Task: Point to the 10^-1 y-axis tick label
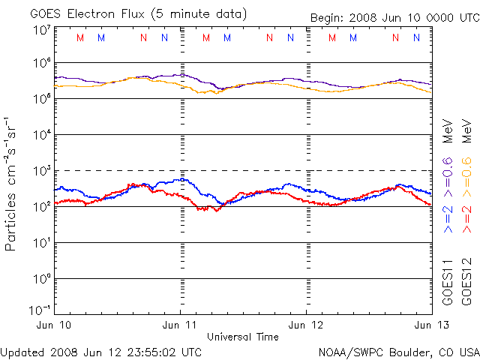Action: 40,310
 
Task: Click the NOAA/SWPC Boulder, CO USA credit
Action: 398,351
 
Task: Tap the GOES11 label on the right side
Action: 448,285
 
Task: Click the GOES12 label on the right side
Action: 465,285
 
